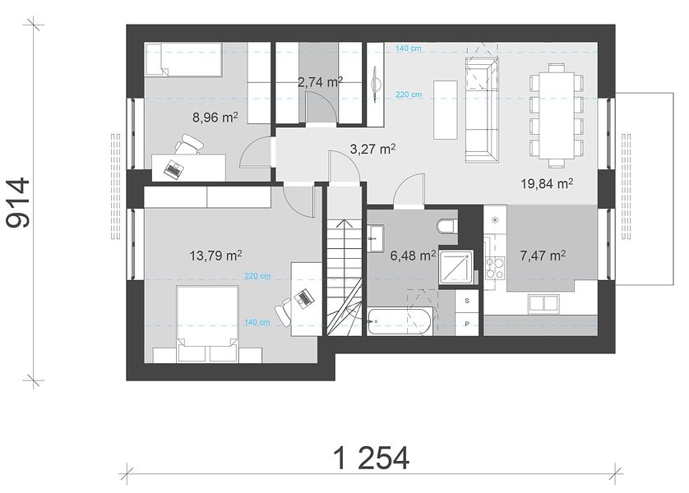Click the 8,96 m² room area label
click(215, 117)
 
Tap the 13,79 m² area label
click(215, 256)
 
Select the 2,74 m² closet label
click(321, 82)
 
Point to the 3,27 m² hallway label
click(372, 150)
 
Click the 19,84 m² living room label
click(547, 183)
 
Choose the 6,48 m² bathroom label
click(413, 256)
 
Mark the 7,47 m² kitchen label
click(543, 256)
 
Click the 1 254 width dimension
click(372, 458)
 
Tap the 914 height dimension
click(18, 202)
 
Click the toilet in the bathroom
click(447, 226)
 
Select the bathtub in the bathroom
click(400, 322)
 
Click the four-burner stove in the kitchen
click(495, 267)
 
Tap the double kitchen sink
click(544, 304)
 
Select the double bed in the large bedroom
click(207, 324)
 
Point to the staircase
click(344, 278)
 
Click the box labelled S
click(467, 301)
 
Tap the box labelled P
click(467, 324)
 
